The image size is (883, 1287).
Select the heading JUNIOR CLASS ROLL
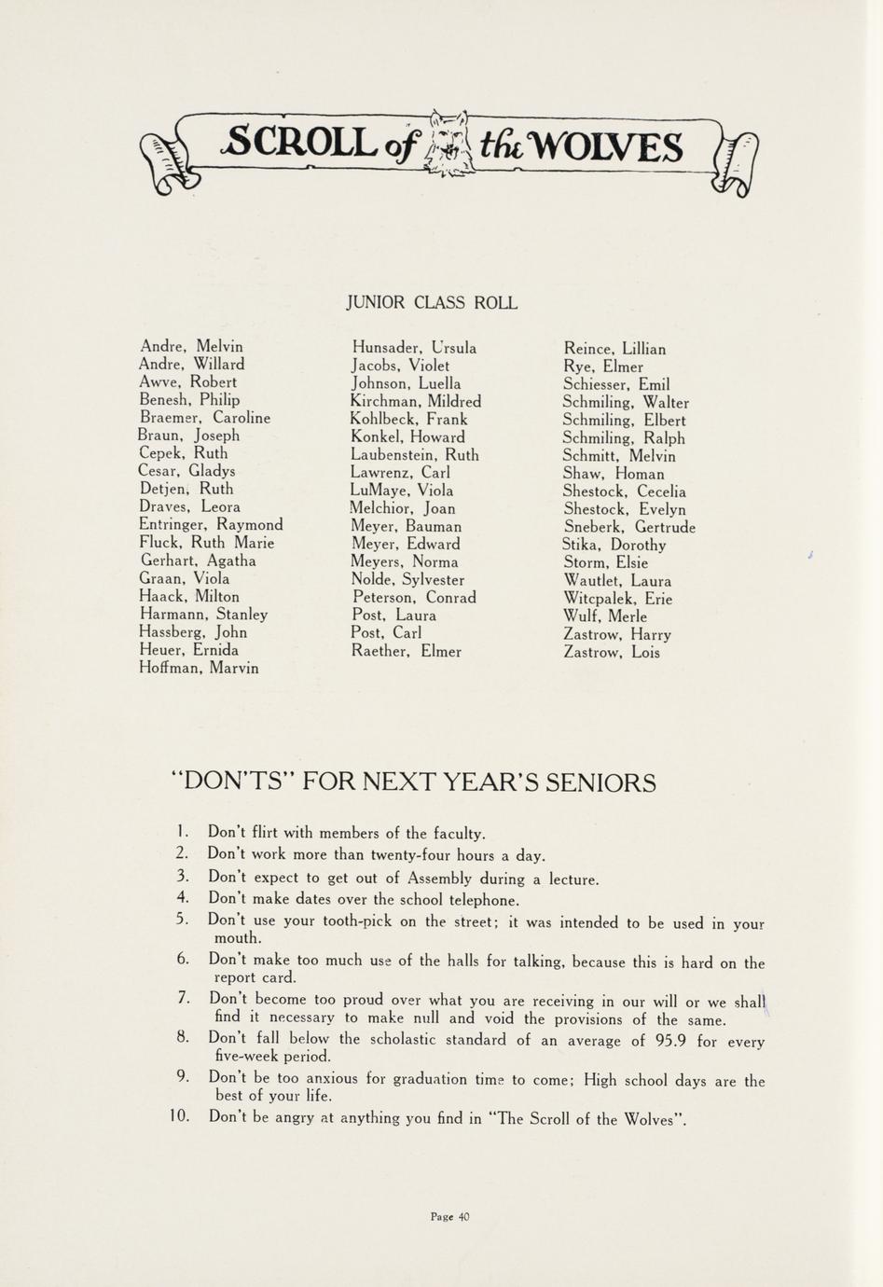[x=431, y=303]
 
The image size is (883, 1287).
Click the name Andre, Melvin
[x=190, y=346]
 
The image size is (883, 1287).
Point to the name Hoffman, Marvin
[x=199, y=668]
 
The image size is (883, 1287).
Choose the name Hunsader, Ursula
[x=414, y=348]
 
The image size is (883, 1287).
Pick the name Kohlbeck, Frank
[x=409, y=419]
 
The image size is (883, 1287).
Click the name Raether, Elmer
[x=406, y=651]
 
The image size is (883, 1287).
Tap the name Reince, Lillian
[x=614, y=349]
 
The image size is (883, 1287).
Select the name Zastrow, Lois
[x=612, y=652]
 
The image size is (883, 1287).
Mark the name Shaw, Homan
[x=614, y=474]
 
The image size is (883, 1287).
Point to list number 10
[x=180, y=1116]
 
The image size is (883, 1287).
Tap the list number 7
[x=183, y=998]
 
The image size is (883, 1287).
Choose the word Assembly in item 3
[x=438, y=878]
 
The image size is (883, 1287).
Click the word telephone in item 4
[x=472, y=900]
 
